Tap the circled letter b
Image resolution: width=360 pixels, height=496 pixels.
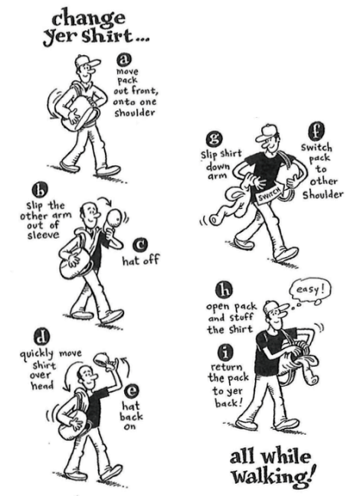tap(39, 191)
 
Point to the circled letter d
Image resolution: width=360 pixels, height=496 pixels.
tap(40, 338)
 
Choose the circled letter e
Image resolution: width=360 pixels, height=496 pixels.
tap(130, 391)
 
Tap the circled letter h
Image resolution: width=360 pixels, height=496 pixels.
tap(224, 291)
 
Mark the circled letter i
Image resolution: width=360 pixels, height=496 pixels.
tap(225, 352)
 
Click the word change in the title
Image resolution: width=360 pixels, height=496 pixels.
tap(88, 18)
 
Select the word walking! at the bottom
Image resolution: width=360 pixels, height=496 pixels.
tap(274, 476)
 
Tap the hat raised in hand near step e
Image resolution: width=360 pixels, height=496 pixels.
tap(105, 360)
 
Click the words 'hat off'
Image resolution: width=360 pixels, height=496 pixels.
tap(140, 261)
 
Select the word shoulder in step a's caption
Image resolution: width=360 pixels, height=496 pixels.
tap(134, 113)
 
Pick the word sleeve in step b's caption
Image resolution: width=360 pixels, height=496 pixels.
tap(43, 235)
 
